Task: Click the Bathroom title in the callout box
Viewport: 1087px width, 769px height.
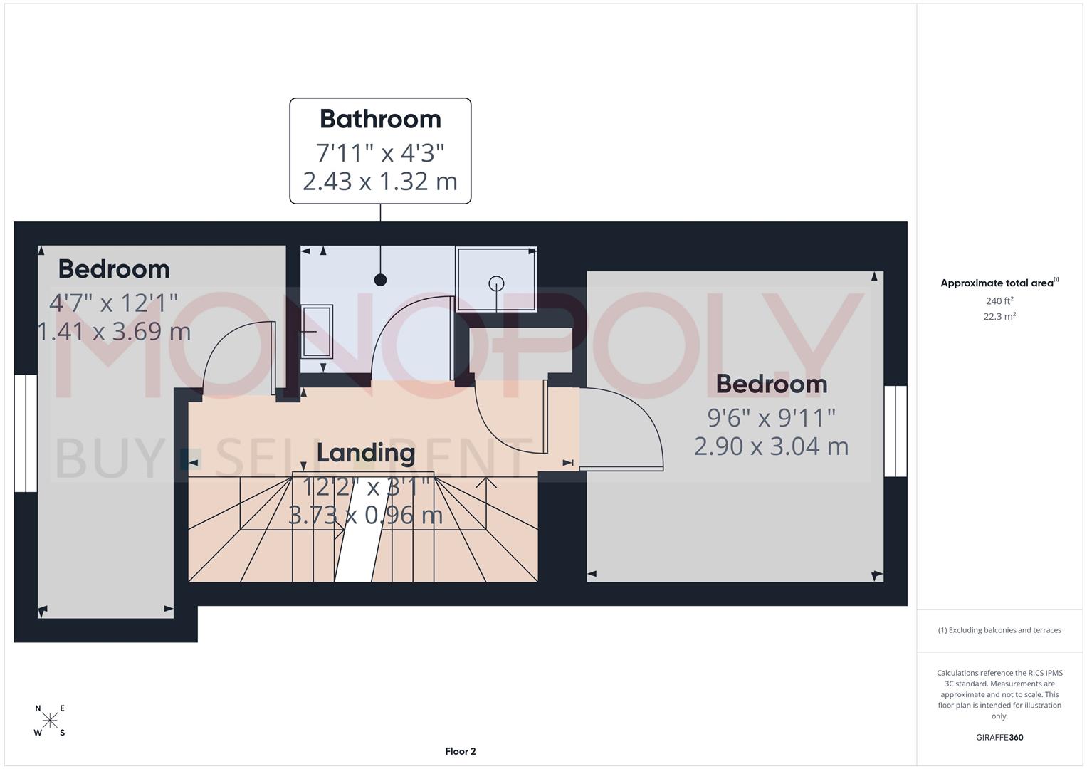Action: (380, 119)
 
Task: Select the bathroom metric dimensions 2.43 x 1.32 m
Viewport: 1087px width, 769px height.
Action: (380, 182)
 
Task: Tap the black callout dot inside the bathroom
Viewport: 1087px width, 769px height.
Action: (380, 280)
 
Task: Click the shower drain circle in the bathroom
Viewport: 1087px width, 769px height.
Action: (496, 283)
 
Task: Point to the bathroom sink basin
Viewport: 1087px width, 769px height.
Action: (317, 331)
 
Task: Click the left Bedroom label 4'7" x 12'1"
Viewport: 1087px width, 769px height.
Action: (113, 303)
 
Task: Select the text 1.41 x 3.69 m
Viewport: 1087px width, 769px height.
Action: (114, 331)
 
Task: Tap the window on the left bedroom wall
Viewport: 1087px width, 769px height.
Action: (26, 433)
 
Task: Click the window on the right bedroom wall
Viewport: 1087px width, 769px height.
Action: (896, 431)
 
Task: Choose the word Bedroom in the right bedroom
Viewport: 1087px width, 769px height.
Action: (771, 384)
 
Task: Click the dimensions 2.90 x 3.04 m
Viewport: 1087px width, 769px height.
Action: (771, 446)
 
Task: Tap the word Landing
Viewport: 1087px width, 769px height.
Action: (365, 452)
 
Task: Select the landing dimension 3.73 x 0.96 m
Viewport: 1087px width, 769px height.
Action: (365, 515)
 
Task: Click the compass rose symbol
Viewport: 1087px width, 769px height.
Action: (50, 721)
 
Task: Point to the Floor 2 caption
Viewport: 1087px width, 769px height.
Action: (460, 751)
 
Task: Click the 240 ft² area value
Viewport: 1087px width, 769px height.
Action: (999, 301)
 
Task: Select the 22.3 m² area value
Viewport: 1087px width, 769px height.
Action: (999, 317)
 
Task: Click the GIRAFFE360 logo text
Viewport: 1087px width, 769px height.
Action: (999, 738)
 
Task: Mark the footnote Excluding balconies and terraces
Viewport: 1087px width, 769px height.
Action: (999, 630)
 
